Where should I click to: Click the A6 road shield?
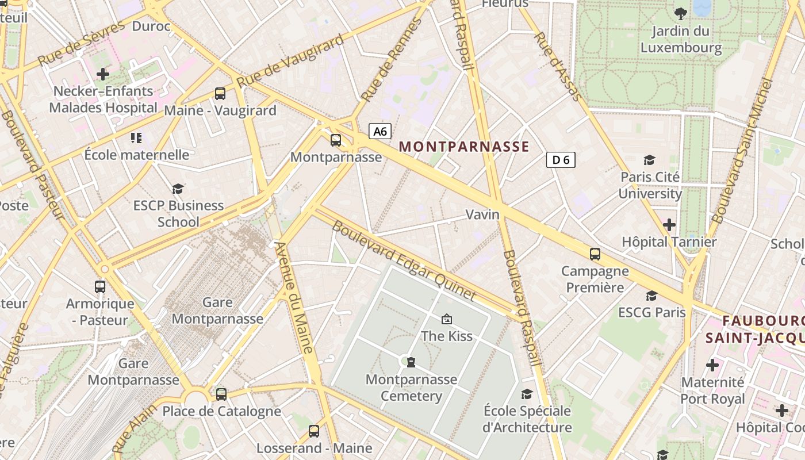pos(380,132)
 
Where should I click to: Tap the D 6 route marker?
pos(561,160)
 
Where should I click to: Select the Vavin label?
pos(482,214)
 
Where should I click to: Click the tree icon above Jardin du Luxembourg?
pos(681,14)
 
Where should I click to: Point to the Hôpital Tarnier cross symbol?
pos(669,225)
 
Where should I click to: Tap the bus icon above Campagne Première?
pos(595,254)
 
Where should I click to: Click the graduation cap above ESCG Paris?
pos(651,296)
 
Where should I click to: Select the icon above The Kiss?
pos(446,319)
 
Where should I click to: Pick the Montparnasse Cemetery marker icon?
pos(411,362)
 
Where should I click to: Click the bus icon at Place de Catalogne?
pos(221,394)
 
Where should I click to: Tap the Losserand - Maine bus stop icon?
pos(314,431)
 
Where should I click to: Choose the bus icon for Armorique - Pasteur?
pos(100,286)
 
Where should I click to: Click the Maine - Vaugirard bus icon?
pos(220,93)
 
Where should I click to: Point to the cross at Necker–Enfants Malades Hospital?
pos(103,74)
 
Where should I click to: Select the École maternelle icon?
pos(136,137)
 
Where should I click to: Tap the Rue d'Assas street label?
pos(558,66)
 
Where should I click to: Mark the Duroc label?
pos(151,26)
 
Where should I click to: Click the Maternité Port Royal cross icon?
pos(712,365)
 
